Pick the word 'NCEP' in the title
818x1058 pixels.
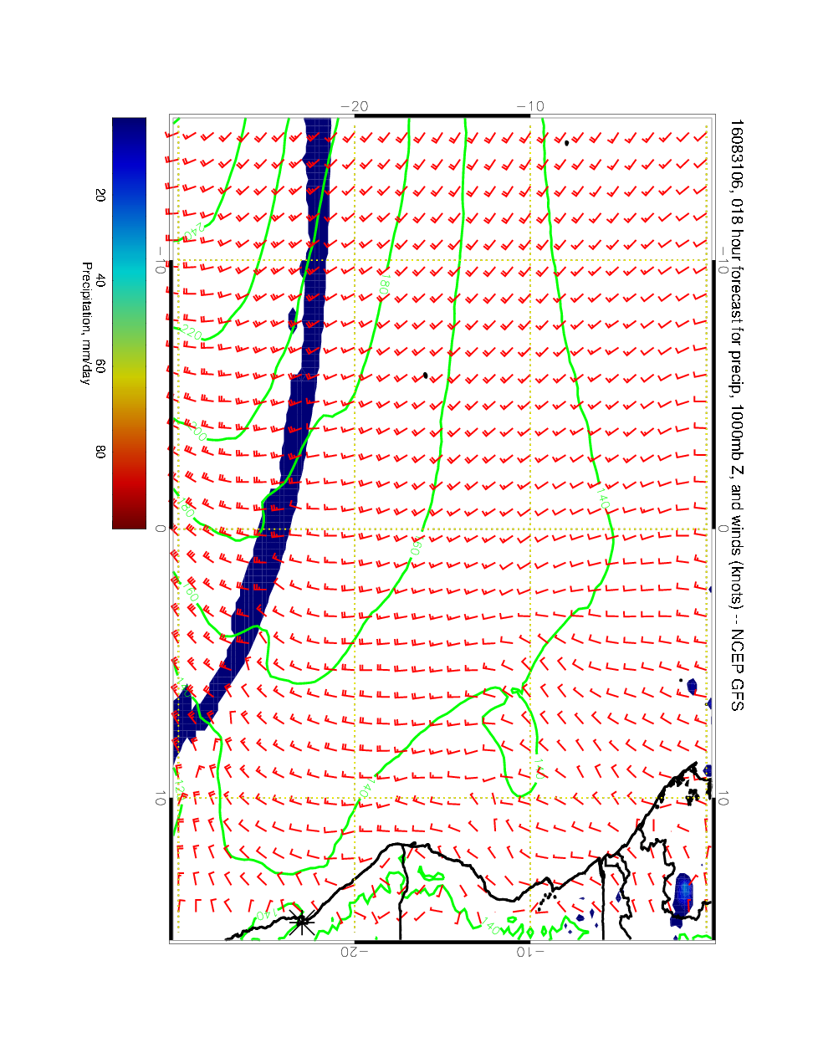[735, 648]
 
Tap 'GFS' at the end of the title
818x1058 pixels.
[735, 694]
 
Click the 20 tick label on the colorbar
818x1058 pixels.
[100, 195]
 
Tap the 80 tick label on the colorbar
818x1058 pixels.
[100, 451]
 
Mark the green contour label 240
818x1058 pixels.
[193, 229]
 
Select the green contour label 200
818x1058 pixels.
[198, 432]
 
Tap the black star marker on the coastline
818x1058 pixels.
[303, 922]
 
